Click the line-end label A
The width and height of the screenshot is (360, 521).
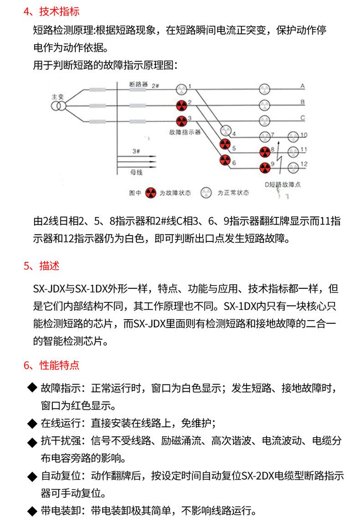pos(302,85)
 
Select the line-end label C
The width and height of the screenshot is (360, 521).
pos(302,117)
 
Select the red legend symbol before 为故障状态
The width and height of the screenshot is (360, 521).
pos(150,193)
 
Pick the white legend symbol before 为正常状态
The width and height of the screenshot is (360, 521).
pos(208,193)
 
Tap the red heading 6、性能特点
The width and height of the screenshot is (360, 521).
pos(51,365)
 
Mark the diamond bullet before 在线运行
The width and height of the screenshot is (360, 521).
pos(32,424)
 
